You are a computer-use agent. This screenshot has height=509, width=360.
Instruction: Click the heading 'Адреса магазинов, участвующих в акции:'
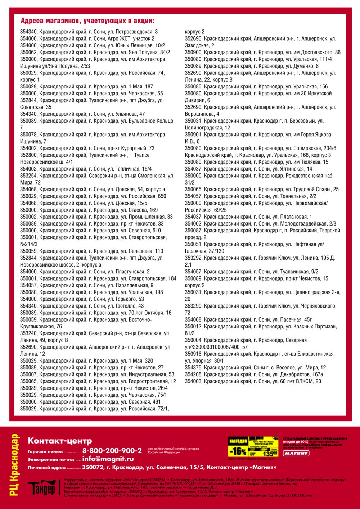point(87,21)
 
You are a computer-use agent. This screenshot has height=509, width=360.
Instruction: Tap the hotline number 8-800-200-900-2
point(112,451)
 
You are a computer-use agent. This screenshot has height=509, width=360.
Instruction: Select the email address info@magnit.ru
point(108,459)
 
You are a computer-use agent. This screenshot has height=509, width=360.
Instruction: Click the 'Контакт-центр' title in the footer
point(60,441)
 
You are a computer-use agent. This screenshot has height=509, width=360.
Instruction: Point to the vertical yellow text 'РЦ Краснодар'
point(14,465)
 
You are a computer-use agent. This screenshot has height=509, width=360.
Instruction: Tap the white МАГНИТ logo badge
point(296,453)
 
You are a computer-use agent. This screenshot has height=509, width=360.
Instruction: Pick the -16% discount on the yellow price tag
point(238,451)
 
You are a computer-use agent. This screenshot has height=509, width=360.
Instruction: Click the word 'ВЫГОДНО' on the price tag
point(238,441)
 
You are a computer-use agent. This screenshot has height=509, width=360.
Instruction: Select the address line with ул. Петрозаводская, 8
point(89,32)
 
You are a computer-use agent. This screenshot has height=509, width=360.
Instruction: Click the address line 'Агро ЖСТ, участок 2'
point(87,38)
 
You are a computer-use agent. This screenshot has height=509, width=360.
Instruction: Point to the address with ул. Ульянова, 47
point(82,114)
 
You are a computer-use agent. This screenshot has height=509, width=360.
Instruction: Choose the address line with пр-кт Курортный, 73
point(87,148)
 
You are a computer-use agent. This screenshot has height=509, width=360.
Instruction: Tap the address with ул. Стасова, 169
point(89,210)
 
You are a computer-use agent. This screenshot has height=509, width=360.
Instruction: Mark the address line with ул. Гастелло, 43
point(82,306)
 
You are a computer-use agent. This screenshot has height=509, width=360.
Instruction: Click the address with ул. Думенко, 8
point(252,66)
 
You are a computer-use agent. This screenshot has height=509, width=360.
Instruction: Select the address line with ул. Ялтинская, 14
point(248,169)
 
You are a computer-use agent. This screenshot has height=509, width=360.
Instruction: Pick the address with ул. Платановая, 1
point(248,217)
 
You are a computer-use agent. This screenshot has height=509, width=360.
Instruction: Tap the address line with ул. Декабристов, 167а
point(254,374)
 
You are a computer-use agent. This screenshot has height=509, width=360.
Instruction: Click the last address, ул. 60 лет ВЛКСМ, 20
point(253,381)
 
